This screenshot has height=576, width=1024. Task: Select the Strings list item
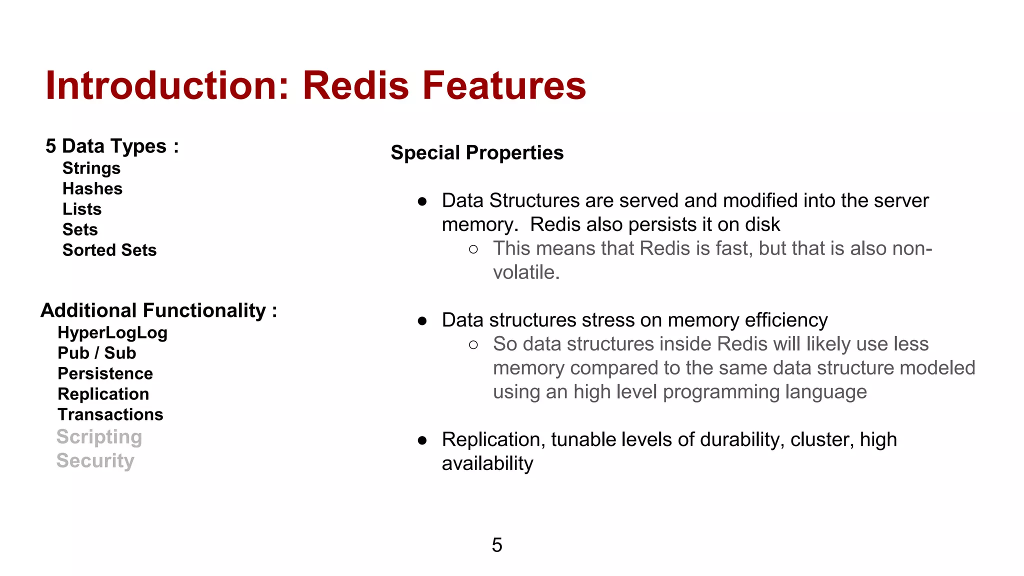pos(91,168)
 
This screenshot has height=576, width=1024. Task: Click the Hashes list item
pos(92,189)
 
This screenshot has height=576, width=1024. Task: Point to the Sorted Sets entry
pos(109,250)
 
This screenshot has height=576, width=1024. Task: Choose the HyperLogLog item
pos(112,333)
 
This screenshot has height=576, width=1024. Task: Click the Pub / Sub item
pos(97,353)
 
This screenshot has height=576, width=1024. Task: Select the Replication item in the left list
pos(103,394)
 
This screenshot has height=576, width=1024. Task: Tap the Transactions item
pos(110,414)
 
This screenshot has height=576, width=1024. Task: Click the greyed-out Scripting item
pos(99,437)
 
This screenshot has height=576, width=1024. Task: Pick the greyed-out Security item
pos(95,460)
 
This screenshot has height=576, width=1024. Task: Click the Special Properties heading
pos(477,153)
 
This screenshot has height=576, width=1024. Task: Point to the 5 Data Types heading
pos(112,146)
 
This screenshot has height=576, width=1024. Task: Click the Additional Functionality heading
pos(158,310)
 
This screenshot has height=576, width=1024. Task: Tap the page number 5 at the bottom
pos(497,545)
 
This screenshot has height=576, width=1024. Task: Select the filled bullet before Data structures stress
pos(422,320)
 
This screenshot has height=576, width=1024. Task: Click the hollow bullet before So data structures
pos(473,344)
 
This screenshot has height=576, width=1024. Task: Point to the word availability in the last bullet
pos(487,463)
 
